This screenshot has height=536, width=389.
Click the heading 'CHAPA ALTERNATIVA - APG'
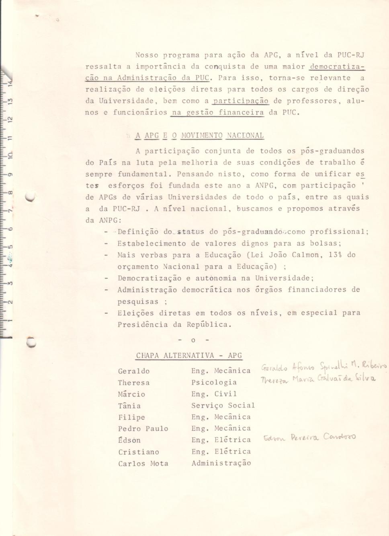coord(189,356)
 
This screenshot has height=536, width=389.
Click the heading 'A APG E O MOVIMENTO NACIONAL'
coord(199,136)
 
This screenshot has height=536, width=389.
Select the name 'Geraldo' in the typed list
coord(134,371)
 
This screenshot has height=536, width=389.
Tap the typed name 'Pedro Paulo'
coord(143,429)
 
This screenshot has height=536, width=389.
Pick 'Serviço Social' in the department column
coord(223,406)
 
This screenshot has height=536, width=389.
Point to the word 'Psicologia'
coord(214,383)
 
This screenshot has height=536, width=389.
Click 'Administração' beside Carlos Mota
coord(221,463)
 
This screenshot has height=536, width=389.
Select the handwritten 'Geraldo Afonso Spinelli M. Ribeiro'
coord(323,366)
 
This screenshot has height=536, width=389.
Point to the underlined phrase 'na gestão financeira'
coord(217,113)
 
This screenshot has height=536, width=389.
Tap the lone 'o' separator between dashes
coord(193,341)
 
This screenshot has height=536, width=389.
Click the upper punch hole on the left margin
coord(31,197)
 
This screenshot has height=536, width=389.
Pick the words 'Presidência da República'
coord(174,325)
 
